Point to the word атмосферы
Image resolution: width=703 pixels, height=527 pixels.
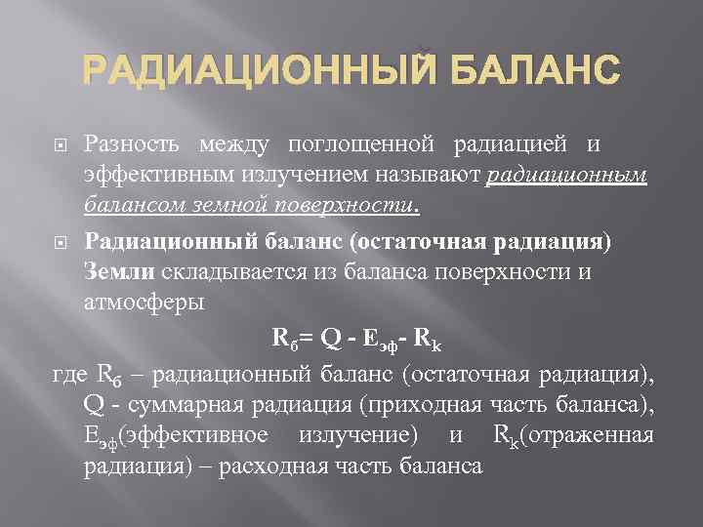coord(144,302)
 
